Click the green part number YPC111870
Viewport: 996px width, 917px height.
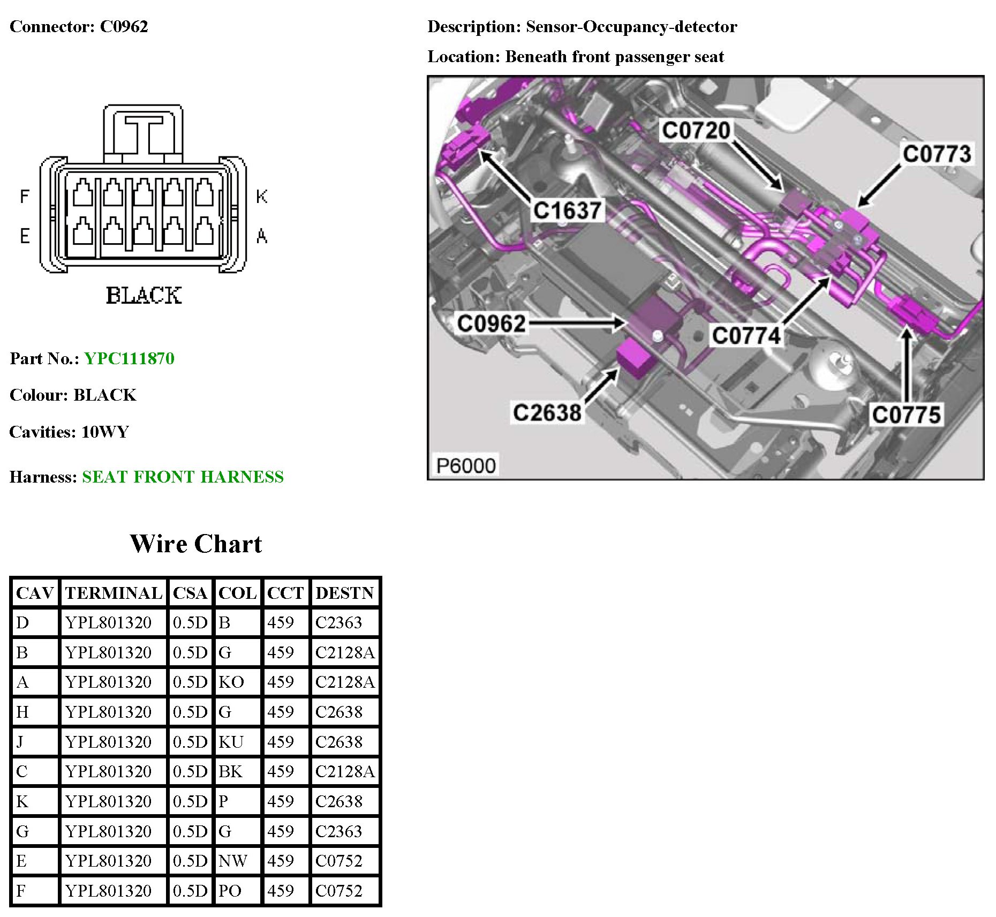(129, 358)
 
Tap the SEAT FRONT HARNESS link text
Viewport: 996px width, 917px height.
(183, 477)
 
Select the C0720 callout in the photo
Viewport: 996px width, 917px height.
(696, 131)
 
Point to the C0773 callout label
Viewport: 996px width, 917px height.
(937, 154)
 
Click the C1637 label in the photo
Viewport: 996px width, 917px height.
(567, 211)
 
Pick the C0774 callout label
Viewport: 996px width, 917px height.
(746, 336)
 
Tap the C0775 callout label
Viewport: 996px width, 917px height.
(906, 415)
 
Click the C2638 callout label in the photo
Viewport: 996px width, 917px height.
(547, 413)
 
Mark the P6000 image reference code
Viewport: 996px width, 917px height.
(465, 465)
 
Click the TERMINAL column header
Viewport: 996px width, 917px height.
(114, 593)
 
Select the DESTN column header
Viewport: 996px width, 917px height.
(344, 593)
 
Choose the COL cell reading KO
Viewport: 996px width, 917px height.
(231, 682)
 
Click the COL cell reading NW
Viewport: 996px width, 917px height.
(233, 861)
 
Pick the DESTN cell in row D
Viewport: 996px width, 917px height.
(338, 622)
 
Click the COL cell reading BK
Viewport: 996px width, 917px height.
(231, 771)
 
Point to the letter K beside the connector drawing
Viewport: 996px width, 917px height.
(261, 197)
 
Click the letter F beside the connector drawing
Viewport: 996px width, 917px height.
(24, 197)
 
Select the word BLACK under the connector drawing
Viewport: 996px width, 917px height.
(144, 295)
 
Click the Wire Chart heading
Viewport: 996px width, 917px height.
(196, 544)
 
